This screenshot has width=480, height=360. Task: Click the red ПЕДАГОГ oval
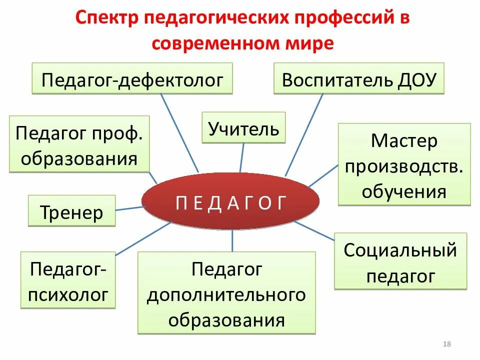tap(230, 202)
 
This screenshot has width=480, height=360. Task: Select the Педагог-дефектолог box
tap(132, 78)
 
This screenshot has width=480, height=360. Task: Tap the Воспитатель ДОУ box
tap(359, 78)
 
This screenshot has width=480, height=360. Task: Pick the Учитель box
tap(243, 128)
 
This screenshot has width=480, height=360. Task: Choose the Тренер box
tap(71, 211)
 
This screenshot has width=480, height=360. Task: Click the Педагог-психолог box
tap(68, 280)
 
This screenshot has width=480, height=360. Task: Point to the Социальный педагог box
tap(400, 261)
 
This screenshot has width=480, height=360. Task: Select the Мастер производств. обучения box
tap(404, 165)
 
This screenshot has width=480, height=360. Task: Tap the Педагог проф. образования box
tap(79, 144)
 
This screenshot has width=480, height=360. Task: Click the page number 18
tap(447, 344)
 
